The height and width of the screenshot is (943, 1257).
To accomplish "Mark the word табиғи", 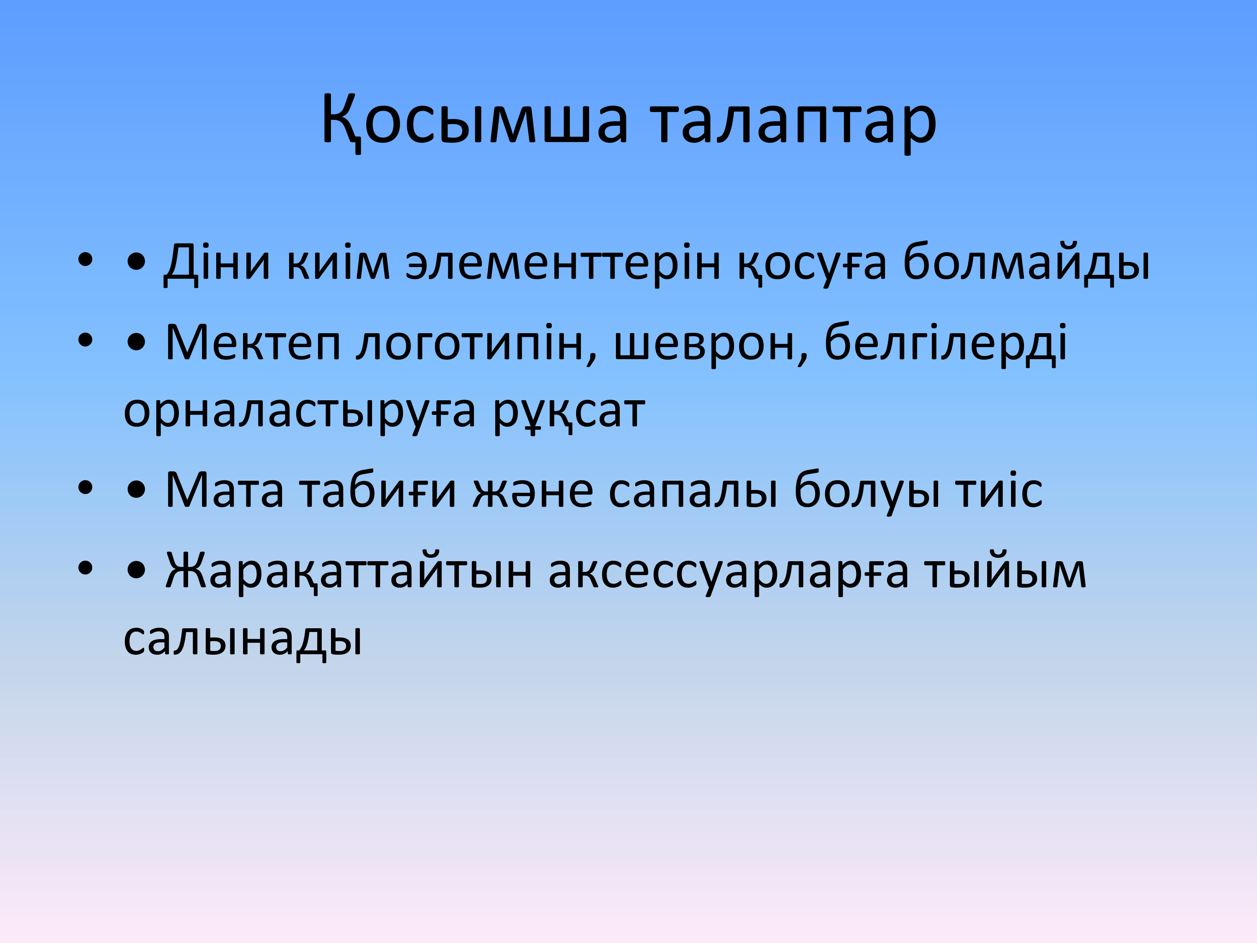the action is click(x=378, y=490).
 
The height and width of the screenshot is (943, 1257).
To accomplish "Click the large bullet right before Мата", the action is click(x=136, y=490).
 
